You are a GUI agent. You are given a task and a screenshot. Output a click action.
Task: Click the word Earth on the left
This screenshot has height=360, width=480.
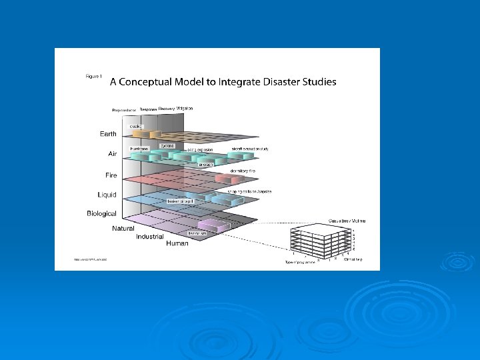tap(108, 134)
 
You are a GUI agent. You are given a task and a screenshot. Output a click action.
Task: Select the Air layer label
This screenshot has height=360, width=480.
tap(112, 154)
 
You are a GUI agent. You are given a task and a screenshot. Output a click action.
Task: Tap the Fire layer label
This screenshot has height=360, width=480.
tap(111, 175)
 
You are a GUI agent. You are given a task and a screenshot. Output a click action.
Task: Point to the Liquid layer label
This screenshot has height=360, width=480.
tap(107, 195)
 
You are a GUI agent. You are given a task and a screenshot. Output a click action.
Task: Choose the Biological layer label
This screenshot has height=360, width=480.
tap(101, 213)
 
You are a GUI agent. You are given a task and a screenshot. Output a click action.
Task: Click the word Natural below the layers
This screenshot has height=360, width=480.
tap(123, 229)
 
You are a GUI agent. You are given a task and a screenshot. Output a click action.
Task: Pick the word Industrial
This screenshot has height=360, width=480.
tap(150, 237)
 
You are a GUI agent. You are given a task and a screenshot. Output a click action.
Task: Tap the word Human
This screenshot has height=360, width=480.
tap(177, 244)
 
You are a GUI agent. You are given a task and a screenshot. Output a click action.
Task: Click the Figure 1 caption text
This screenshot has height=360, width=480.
tap(94, 77)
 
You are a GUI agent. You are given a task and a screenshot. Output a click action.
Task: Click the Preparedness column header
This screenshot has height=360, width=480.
tap(124, 110)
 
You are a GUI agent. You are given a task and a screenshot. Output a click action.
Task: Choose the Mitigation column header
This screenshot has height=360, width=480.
tap(180, 107)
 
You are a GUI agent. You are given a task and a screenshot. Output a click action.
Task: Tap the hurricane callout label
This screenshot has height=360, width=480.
tap(139, 149)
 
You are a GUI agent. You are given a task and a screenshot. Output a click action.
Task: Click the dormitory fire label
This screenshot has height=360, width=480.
tap(242, 171)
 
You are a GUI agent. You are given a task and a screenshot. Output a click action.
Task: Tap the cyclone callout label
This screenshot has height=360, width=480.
tap(167, 145)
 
